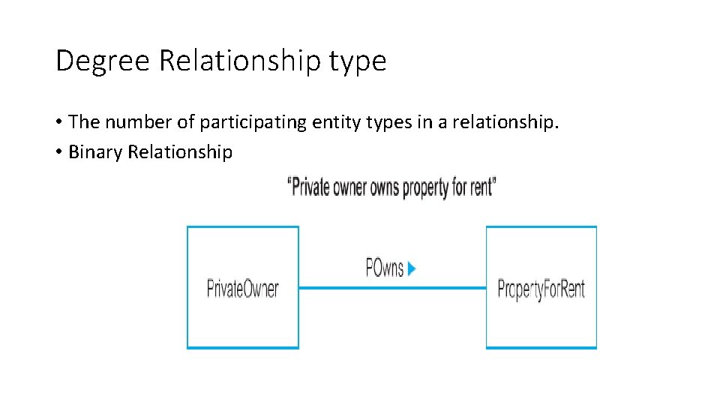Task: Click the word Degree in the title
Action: coord(103,61)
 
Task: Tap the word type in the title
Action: coord(358,62)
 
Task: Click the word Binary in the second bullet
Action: coord(96,152)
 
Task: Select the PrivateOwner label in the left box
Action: coord(242,288)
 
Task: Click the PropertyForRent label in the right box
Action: coord(541,289)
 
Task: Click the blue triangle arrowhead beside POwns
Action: coord(412,268)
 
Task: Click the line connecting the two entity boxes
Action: coord(391,287)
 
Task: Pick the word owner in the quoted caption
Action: coord(349,187)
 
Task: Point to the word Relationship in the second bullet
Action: coord(180,152)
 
